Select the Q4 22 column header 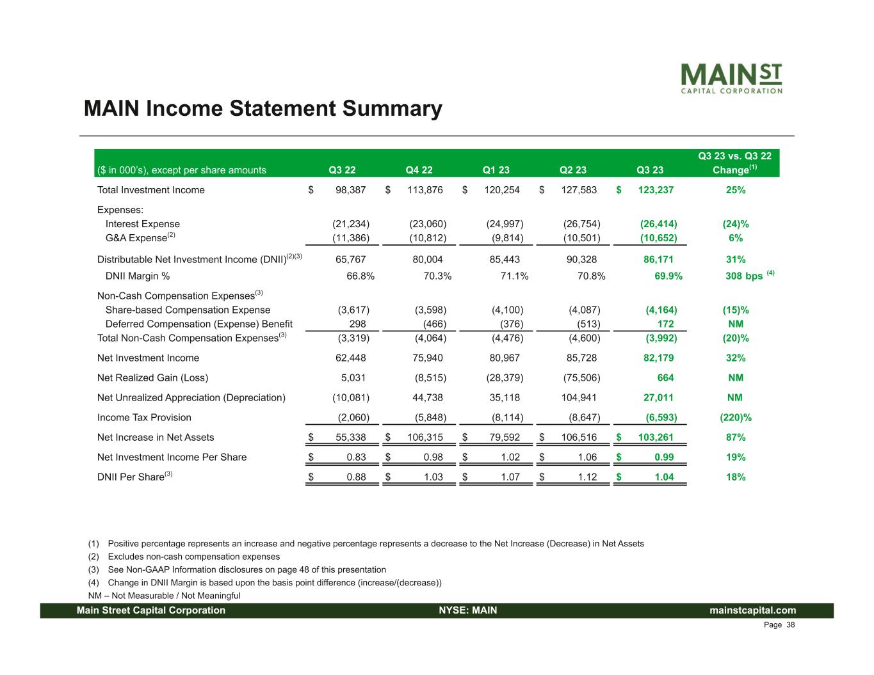coord(419,170)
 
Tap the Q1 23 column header coord(496,170)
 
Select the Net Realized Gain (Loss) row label coord(152,378)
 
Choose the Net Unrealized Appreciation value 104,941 coord(579,398)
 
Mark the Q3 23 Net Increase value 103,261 coord(656,438)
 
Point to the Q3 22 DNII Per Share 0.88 coord(356,477)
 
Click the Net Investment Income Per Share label coord(172,457)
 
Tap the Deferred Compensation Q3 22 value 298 coord(357,324)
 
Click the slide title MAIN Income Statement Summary coord(263,109)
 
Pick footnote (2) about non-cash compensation coord(193,557)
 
